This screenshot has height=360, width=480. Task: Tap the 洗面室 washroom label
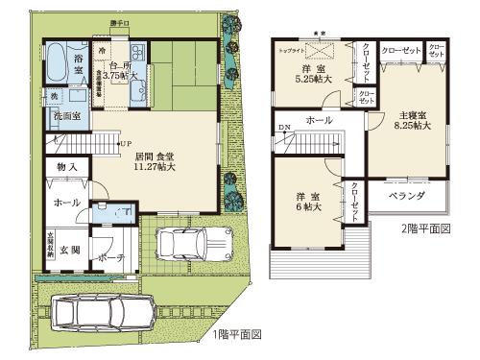tap(66, 117)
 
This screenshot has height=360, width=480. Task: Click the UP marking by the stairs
tap(125, 145)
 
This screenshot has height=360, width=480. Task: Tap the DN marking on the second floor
tap(283, 129)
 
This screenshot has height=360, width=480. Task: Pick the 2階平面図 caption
tap(423, 231)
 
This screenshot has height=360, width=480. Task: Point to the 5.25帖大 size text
tap(313, 79)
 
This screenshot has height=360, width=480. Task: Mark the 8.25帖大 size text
tap(411, 125)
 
